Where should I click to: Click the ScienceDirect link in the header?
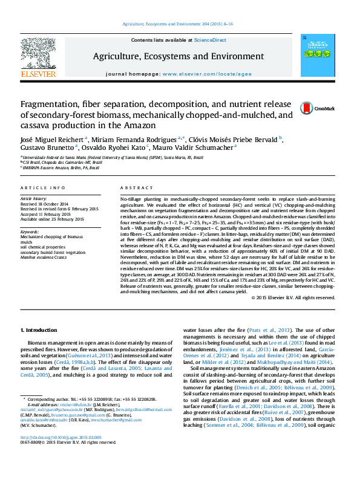pyautogui.click(x=210, y=40)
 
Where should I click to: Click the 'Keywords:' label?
pyautogui.click(x=30, y=231)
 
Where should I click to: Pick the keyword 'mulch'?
pyautogui.click(x=27, y=242)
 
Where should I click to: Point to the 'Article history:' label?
pyautogui.click(x=33, y=198)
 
